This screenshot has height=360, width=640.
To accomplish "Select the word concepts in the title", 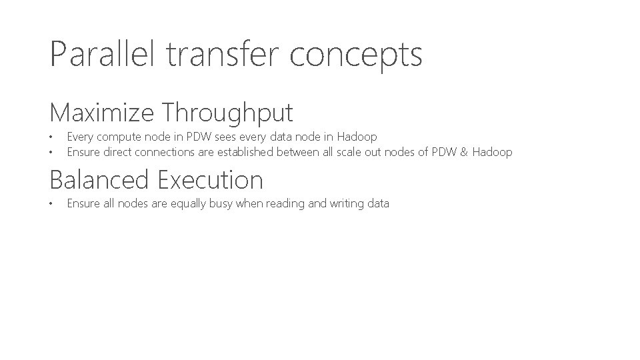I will (x=356, y=55).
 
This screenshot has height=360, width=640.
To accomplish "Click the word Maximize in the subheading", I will (x=101, y=112).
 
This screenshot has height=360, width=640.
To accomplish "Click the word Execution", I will (x=211, y=180).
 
